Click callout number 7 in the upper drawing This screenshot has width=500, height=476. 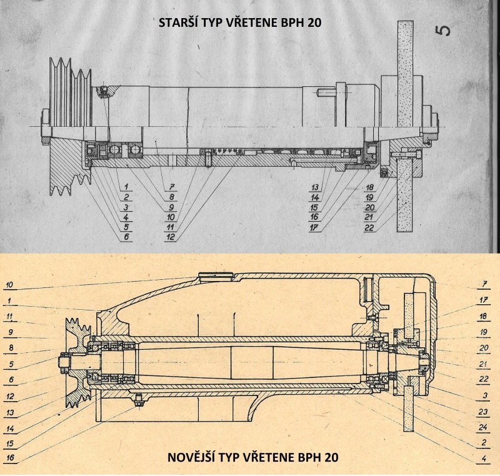tap(169, 187)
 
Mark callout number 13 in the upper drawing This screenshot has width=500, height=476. tap(316, 187)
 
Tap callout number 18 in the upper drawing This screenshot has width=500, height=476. tap(371, 187)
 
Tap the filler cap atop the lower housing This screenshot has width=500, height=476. tap(214, 275)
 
